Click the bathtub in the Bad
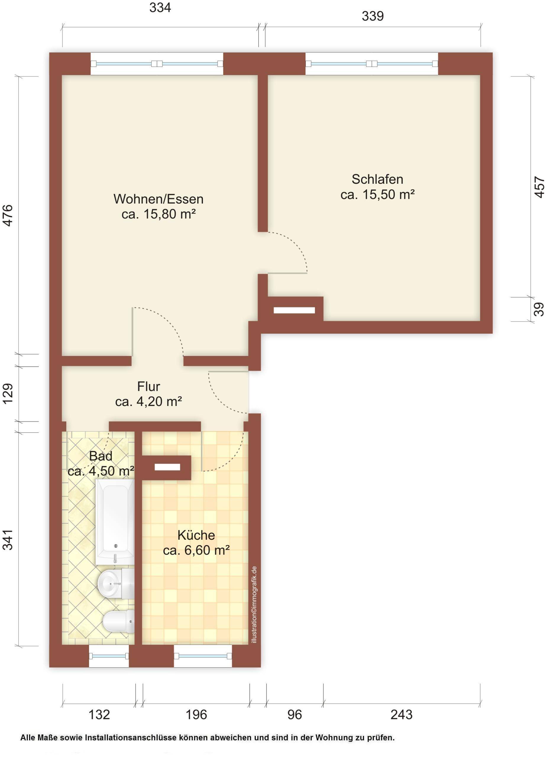click(x=115, y=522)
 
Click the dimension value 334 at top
click(x=160, y=7)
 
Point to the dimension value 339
click(x=373, y=16)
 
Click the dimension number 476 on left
click(x=7, y=215)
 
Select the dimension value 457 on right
click(x=539, y=187)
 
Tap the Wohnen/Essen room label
click(x=158, y=199)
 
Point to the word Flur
click(x=148, y=386)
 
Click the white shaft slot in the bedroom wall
click(x=294, y=310)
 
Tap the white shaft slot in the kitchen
click(x=167, y=467)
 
